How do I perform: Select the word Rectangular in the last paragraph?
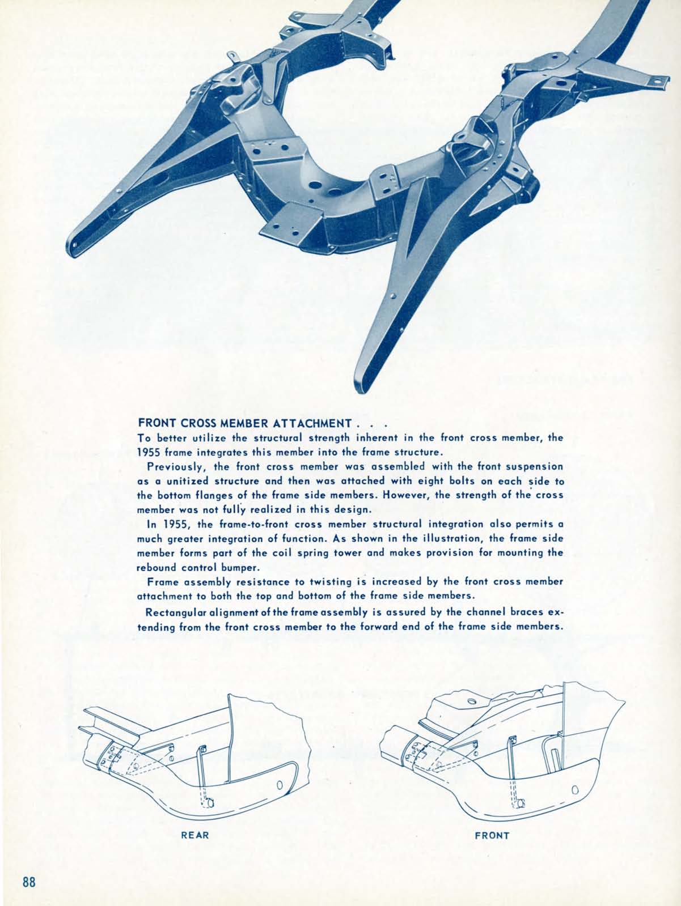(x=177, y=612)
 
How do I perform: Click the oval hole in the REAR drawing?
(x=279, y=784)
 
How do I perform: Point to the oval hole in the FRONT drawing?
(x=575, y=789)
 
